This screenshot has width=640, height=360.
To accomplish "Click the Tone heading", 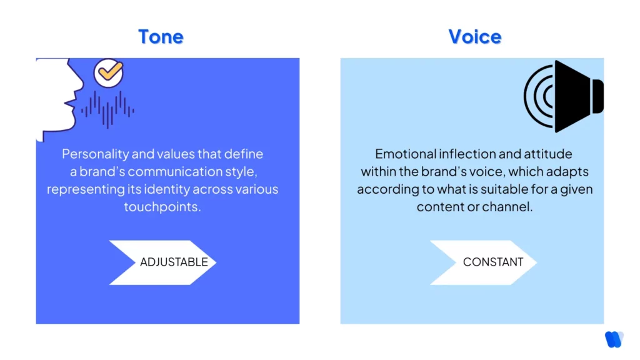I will pos(161,36).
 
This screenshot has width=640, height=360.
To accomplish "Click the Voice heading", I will pos(475,36).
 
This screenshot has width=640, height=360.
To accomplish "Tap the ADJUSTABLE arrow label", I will pos(173,262).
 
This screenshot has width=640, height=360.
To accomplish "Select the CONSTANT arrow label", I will pos(492,262).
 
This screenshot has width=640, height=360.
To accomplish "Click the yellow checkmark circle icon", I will pos(109,72).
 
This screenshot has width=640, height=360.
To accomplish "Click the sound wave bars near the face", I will pos(107,110).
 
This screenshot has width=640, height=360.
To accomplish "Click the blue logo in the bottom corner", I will pos(614,339).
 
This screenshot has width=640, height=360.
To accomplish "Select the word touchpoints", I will pos(162,207).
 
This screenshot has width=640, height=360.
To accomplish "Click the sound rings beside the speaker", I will pos(539,96).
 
